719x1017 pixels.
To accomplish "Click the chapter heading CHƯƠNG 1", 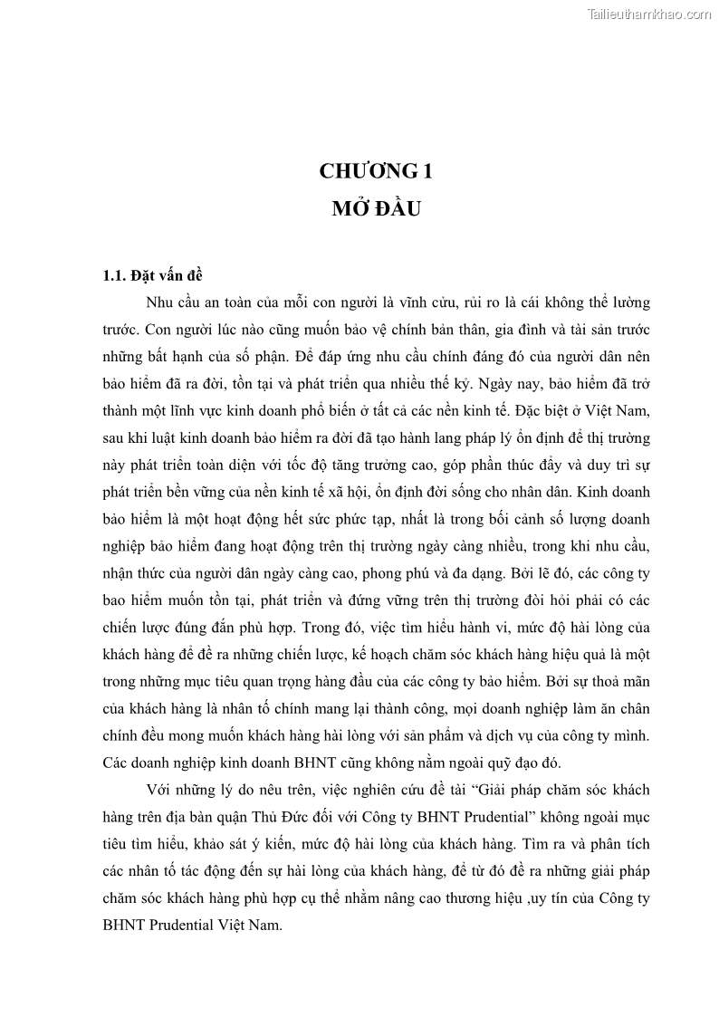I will tap(359, 171).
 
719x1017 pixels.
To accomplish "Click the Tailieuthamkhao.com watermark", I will tap(650, 14).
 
